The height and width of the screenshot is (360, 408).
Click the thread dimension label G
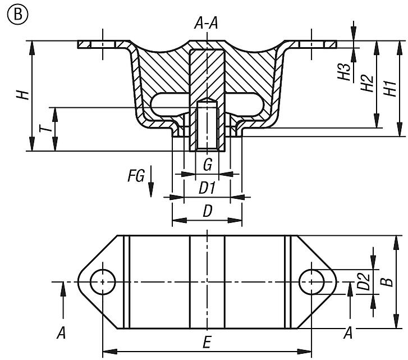[x=207, y=165]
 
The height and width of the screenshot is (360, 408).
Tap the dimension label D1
[x=207, y=188]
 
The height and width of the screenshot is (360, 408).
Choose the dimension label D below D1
[x=207, y=212]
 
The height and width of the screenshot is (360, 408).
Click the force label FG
[x=135, y=177]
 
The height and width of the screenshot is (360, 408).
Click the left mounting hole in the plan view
[x=102, y=281]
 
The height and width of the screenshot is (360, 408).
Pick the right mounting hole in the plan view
[x=311, y=281]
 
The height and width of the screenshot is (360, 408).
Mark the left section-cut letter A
[x=61, y=333]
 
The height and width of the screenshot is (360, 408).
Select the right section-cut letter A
[x=348, y=333]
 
